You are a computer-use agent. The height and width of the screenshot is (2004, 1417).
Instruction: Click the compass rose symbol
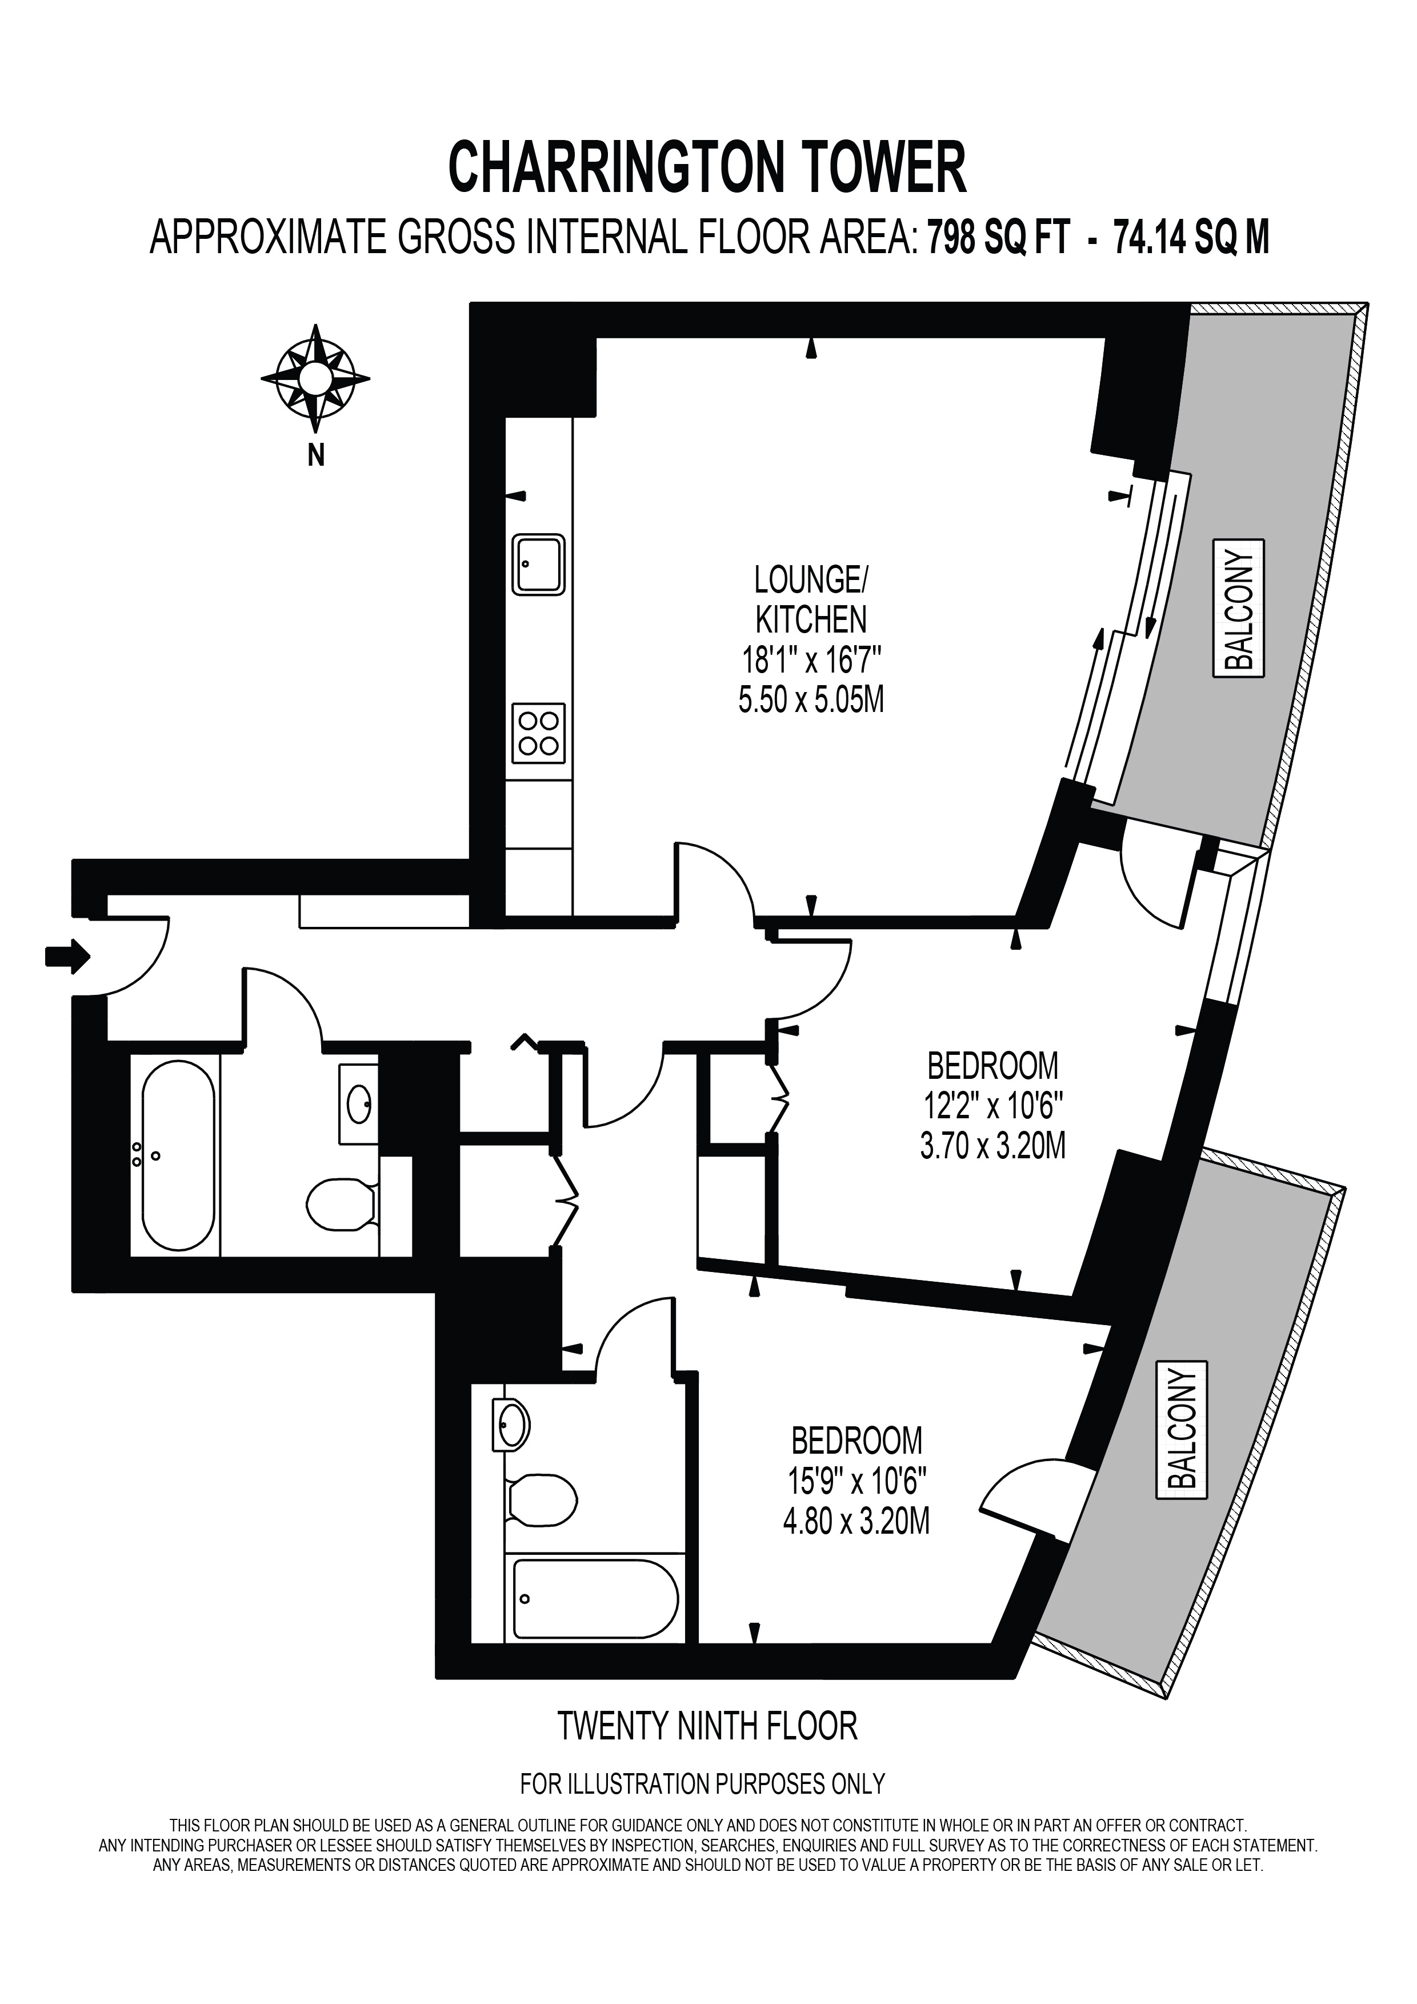click(x=315, y=379)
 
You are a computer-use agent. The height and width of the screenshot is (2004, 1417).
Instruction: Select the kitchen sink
click(x=538, y=564)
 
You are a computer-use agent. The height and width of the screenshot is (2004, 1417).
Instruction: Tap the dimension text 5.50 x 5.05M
click(x=811, y=700)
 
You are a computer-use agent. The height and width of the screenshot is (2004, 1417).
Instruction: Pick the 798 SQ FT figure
click(x=998, y=237)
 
